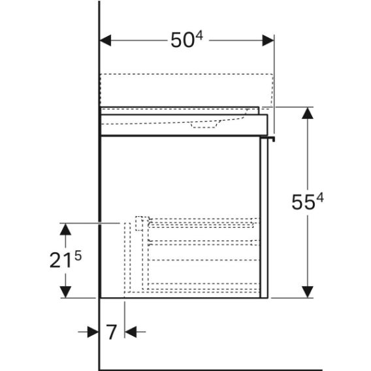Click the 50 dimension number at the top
coord(182,40)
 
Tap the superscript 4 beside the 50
coord(199,36)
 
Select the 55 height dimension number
coord(303,202)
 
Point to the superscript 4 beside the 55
coord(320,198)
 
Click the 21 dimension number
coord(61,260)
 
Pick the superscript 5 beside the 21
coord(78,256)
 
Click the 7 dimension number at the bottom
coord(111,332)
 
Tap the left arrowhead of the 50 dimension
coord(105,40)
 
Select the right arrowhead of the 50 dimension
coord(268,40)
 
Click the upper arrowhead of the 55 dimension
coord(308,113)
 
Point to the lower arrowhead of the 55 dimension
coord(308,292)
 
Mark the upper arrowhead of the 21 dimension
coord(65,229)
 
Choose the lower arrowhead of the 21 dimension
coord(65,292)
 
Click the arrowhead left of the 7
coord(93,332)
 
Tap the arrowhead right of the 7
coord(131,332)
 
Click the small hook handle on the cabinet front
coord(268,138)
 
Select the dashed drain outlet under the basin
coord(204,125)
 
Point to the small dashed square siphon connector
coord(142,223)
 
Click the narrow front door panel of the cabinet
coord(264,218)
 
